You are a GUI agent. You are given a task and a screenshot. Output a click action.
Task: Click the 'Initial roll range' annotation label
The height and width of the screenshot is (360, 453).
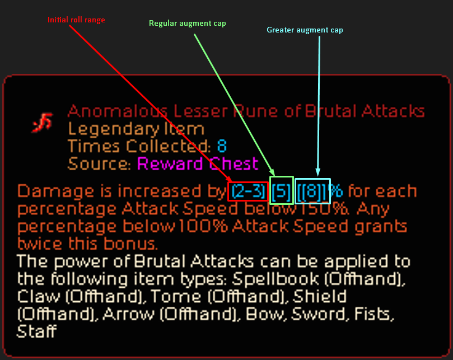point(76,20)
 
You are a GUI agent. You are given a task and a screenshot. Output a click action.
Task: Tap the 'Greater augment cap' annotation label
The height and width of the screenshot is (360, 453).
point(305,30)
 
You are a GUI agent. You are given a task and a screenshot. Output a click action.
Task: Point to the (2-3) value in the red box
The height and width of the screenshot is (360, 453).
point(247,192)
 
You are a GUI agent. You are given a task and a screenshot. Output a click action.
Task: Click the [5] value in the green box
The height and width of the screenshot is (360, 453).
point(281,192)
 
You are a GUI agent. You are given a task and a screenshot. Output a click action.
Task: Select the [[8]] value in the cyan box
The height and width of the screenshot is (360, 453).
point(312,192)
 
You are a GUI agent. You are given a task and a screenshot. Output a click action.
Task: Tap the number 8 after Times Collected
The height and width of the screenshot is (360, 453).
point(222,147)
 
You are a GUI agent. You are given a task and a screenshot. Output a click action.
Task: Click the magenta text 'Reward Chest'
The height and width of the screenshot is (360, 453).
point(198,164)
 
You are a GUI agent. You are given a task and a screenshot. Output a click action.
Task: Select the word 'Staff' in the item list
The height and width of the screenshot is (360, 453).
point(36,331)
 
